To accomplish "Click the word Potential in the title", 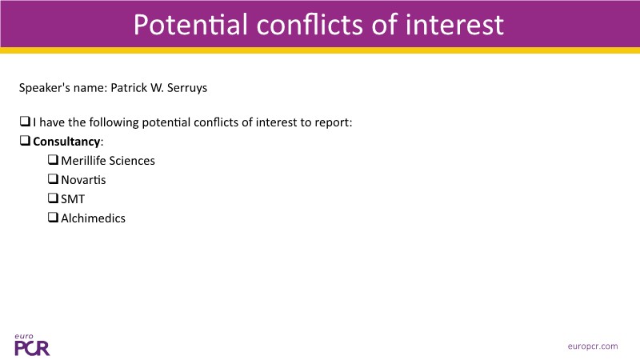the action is tap(190, 25).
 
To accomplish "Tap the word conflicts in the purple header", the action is tap(310, 25).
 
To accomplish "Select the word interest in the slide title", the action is tap(454, 25).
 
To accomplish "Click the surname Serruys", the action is tap(187, 88).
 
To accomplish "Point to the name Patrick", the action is tap(129, 88).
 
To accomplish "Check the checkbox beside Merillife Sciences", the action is tap(53, 159).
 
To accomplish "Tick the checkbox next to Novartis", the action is tap(53, 178).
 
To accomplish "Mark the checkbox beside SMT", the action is tap(53, 198).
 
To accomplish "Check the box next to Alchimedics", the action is tap(53, 217).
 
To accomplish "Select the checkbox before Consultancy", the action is tap(25, 140).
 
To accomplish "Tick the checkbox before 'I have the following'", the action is tap(25, 121).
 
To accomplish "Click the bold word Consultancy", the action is tap(66, 142).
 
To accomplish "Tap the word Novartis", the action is tap(83, 180).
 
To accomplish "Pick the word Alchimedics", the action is tap(93, 218).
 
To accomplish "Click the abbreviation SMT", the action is tap(73, 199).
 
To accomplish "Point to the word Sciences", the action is tap(132, 161).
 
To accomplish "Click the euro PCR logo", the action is tap(32, 345).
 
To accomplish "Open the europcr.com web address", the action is tap(593, 346).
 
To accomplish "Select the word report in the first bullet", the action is tap(333, 123).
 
